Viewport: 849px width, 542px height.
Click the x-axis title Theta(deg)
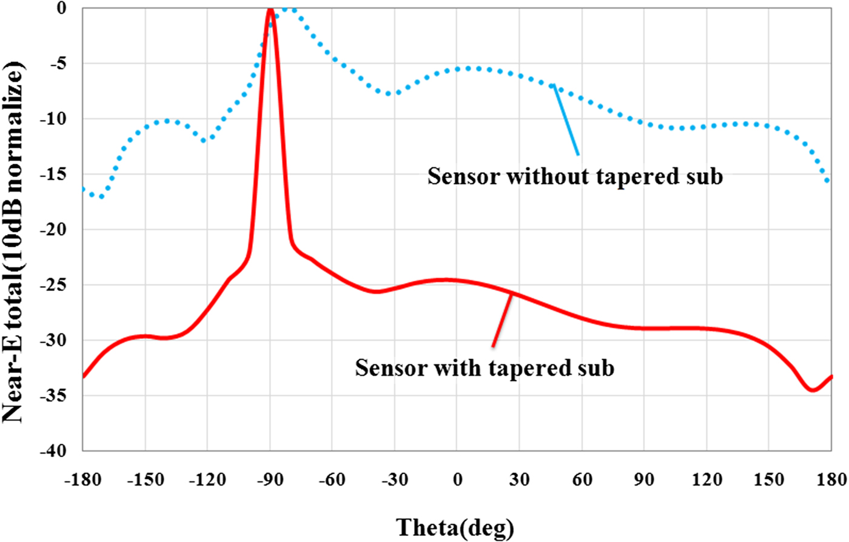point(455,526)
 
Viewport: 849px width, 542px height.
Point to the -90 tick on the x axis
point(269,477)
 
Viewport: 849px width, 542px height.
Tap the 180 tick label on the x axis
point(830,477)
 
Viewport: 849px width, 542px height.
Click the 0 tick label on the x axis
point(457,477)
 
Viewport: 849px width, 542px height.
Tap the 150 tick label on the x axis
point(768,477)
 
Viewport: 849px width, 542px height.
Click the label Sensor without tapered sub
point(575,176)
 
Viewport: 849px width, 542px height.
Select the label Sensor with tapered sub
point(485,367)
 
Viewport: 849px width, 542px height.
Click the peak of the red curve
point(270,9)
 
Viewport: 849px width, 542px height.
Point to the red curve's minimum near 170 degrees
point(813,390)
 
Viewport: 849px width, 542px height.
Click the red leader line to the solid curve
point(503,320)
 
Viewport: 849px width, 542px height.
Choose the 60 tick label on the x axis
point(581,477)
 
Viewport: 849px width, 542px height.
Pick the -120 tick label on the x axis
point(207,477)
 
